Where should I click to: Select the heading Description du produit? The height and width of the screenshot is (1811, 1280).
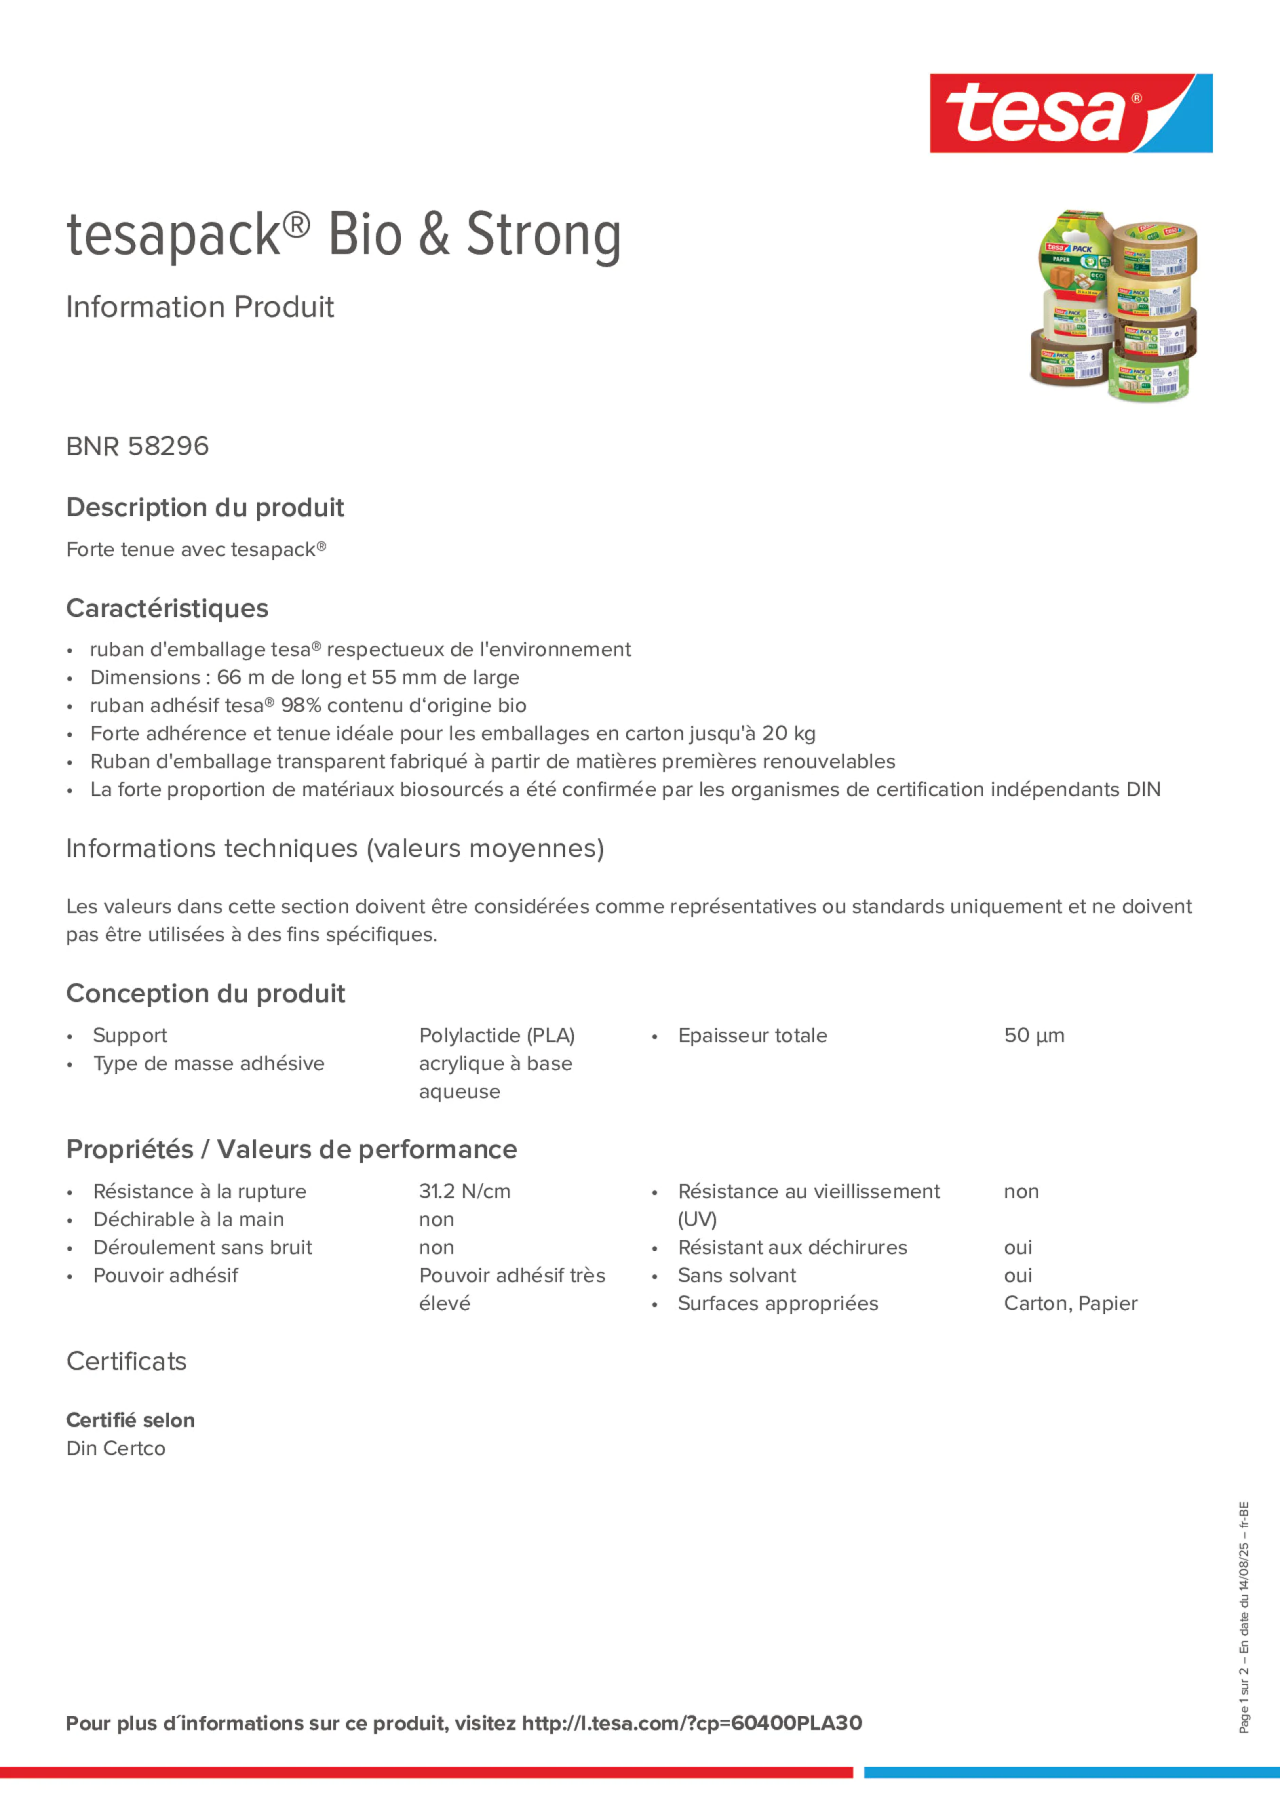tap(205, 507)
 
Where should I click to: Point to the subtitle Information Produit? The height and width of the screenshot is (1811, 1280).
tap(199, 307)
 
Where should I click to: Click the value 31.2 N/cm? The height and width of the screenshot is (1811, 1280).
tap(465, 1191)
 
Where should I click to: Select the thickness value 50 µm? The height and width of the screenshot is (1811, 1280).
tap(1034, 1035)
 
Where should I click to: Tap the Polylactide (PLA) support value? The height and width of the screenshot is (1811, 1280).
tap(497, 1035)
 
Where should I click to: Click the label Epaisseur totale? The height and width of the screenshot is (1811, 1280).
tap(752, 1035)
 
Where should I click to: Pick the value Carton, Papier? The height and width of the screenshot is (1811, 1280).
tap(1070, 1303)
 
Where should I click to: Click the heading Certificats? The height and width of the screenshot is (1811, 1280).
tap(126, 1361)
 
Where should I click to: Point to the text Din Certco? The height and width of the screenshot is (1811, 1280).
tap(116, 1448)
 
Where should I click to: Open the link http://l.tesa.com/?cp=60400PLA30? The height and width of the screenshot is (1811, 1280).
tap(691, 1723)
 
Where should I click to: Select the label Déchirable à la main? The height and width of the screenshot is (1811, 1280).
tap(188, 1220)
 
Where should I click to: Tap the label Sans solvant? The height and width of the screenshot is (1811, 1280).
tap(736, 1275)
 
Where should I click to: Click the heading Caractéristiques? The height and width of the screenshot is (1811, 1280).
tap(168, 608)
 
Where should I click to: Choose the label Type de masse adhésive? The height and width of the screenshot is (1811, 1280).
tap(208, 1063)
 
